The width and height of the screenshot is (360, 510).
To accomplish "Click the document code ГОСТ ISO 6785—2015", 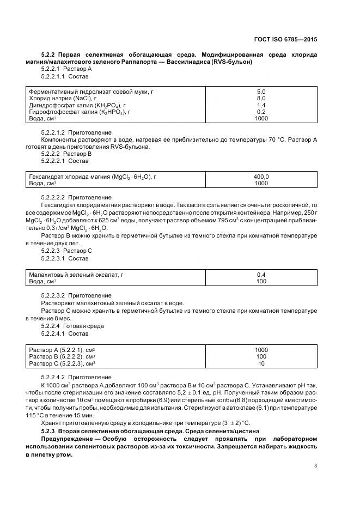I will click(x=285, y=40).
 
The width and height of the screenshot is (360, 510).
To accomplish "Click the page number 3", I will click(x=316, y=465).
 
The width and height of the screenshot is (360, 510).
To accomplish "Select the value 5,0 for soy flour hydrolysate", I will click(x=261, y=92).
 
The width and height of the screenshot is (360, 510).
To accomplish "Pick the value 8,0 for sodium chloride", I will click(x=261, y=98).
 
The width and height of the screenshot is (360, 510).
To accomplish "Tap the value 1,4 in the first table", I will click(x=261, y=105).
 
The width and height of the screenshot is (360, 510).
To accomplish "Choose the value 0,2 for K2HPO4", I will click(x=261, y=112).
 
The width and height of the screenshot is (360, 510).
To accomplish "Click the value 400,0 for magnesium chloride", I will click(x=261, y=177).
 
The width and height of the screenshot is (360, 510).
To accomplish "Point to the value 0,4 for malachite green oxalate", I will click(x=261, y=275).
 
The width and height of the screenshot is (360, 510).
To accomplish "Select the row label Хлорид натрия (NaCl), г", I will click(x=63, y=98).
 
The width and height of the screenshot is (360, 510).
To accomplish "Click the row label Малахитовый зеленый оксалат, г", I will click(x=76, y=275).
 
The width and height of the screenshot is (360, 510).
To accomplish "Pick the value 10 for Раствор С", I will click(x=261, y=363).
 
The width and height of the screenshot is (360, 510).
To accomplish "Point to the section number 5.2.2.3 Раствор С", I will click(x=66, y=251).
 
